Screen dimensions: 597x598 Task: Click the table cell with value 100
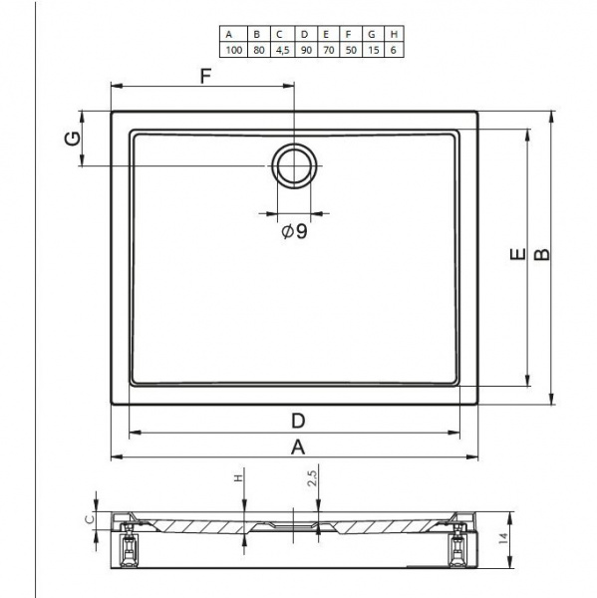pos(233,50)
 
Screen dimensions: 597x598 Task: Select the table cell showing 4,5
pos(282,50)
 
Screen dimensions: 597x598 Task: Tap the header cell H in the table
pos(394,34)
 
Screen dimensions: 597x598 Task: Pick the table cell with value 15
pos(373,50)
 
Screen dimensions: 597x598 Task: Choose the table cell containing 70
pos(328,50)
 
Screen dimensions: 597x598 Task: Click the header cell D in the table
pos(306,34)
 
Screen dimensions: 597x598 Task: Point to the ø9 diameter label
pos(294,231)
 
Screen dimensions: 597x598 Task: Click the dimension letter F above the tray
pos(205,76)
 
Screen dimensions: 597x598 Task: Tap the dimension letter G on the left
pos(73,139)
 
